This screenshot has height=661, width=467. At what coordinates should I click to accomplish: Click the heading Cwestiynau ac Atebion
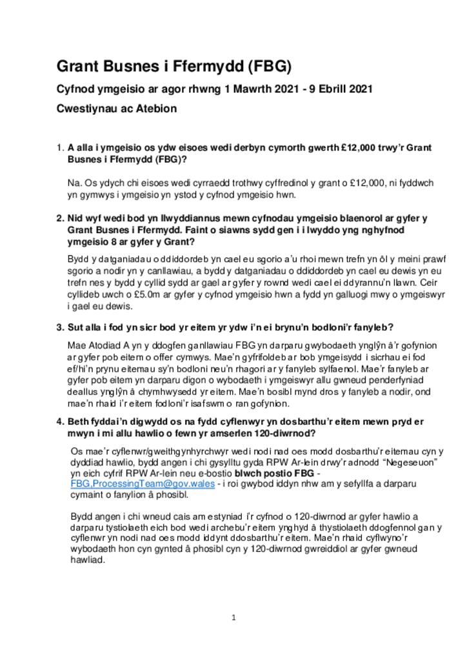(117, 108)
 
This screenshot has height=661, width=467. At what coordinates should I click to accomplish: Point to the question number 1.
(59, 148)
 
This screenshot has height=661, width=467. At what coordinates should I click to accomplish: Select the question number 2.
(59, 218)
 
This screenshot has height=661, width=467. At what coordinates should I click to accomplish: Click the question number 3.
(59, 327)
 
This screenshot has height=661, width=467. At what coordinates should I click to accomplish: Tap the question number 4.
(59, 422)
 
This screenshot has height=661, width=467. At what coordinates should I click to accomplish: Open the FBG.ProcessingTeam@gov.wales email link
(142, 484)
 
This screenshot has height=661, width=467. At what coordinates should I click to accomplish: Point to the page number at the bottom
(234, 618)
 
